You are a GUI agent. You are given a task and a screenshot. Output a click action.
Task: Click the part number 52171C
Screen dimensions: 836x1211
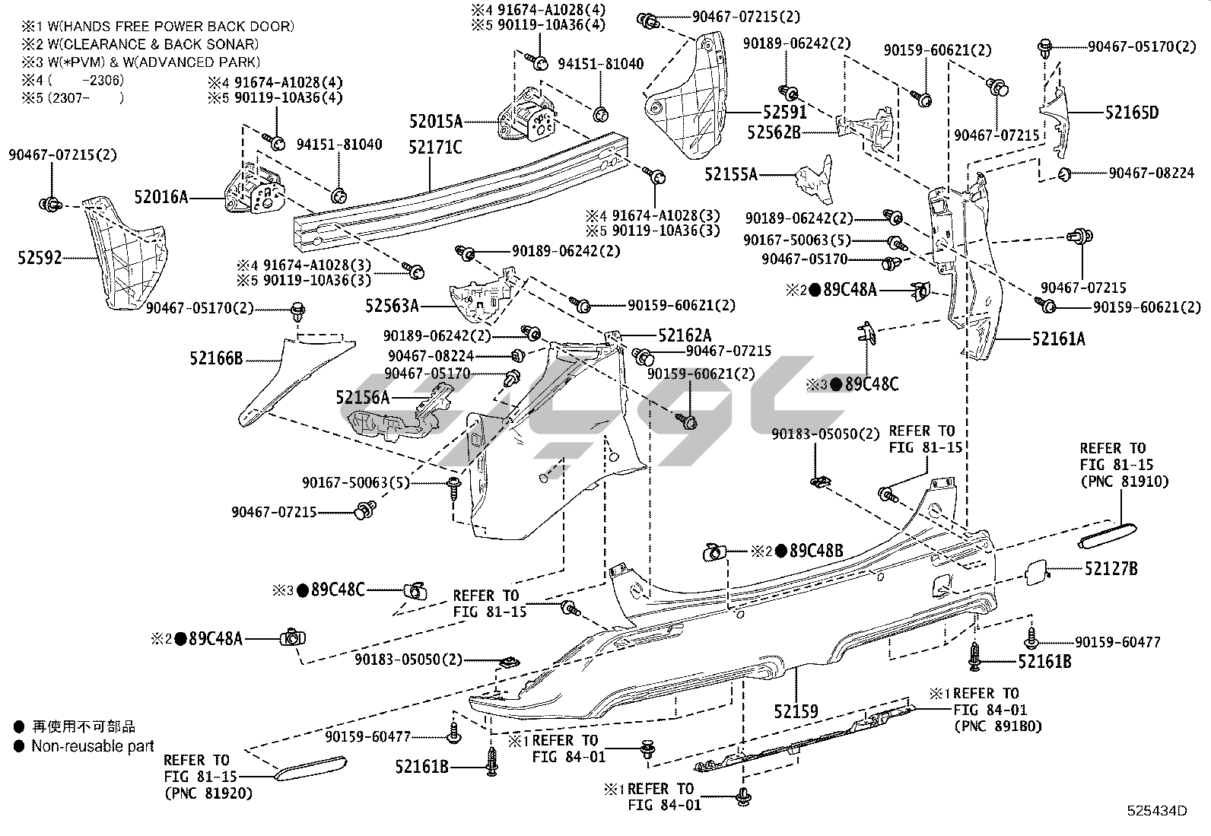tap(435, 146)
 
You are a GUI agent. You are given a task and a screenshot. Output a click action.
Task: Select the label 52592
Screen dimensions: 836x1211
tap(40, 258)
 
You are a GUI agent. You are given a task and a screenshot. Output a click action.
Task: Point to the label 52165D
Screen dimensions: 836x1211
tap(1132, 113)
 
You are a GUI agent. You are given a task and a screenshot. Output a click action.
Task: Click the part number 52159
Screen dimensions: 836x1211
tap(796, 711)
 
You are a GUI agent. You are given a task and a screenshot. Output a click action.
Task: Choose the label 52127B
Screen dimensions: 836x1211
tap(1111, 568)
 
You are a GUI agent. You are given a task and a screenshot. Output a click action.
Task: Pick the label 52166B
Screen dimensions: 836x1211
tap(216, 357)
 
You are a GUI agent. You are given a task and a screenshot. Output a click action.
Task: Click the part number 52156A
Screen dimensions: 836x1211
tap(362, 397)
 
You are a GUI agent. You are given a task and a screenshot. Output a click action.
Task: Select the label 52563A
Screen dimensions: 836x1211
tap(392, 306)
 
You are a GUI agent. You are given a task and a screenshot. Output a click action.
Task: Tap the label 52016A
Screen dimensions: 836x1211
tap(161, 198)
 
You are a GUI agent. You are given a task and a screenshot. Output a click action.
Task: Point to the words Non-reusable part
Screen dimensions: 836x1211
tap(93, 746)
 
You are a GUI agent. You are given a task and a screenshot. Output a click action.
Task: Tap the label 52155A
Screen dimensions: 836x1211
tap(731, 174)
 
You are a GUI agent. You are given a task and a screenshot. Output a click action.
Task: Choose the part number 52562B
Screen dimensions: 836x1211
tap(774, 132)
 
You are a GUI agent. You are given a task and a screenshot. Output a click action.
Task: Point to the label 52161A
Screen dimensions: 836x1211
tap(1058, 339)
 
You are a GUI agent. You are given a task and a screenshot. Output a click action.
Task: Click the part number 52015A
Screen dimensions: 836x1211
tap(435, 121)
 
